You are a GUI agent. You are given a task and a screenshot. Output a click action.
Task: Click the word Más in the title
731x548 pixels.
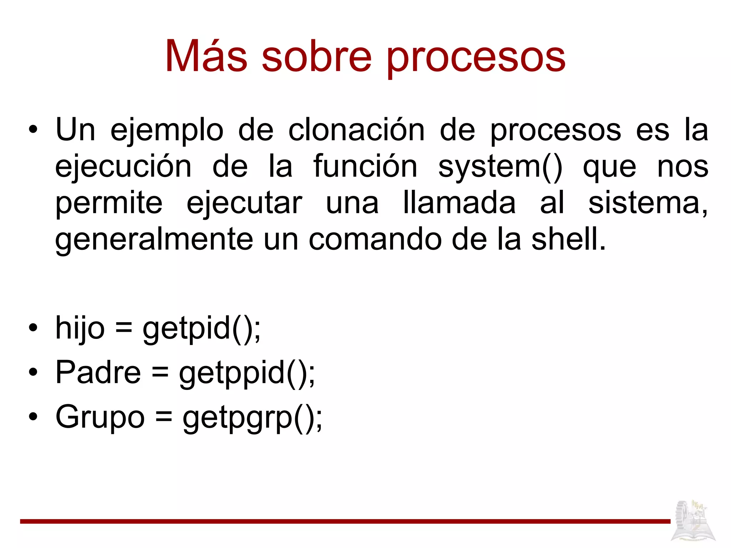point(206,56)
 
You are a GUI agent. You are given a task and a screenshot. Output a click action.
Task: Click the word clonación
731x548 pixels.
point(356,130)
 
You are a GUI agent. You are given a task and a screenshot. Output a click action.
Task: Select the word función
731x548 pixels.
point(365,166)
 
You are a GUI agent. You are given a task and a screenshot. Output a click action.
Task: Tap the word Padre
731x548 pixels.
point(98,372)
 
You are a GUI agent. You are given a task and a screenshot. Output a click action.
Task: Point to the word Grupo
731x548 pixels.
point(100,417)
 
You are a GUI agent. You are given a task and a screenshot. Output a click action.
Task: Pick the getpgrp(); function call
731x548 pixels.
point(252,418)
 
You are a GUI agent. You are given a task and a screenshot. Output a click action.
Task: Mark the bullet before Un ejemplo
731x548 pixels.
point(33,131)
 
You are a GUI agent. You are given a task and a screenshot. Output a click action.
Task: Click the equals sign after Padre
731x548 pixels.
point(160,373)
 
